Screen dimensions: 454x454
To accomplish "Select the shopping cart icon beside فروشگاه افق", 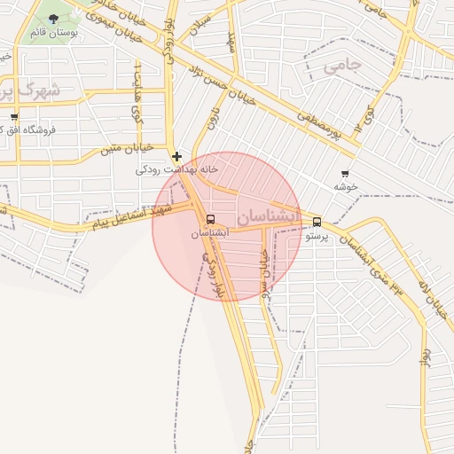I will coord(14,117).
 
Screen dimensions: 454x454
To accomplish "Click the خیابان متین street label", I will coord(130,148).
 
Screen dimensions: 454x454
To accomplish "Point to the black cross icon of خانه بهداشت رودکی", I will coord(176,156).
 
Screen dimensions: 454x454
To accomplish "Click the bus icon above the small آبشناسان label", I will coord(210,220).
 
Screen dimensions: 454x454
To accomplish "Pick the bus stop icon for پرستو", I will coord(317,223).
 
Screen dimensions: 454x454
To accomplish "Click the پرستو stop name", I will coord(317,237).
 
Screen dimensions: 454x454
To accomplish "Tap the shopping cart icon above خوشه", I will coord(344,174).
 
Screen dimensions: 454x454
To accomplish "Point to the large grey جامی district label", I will coord(343,66).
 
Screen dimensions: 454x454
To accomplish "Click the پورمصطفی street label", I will coord(319,124).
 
